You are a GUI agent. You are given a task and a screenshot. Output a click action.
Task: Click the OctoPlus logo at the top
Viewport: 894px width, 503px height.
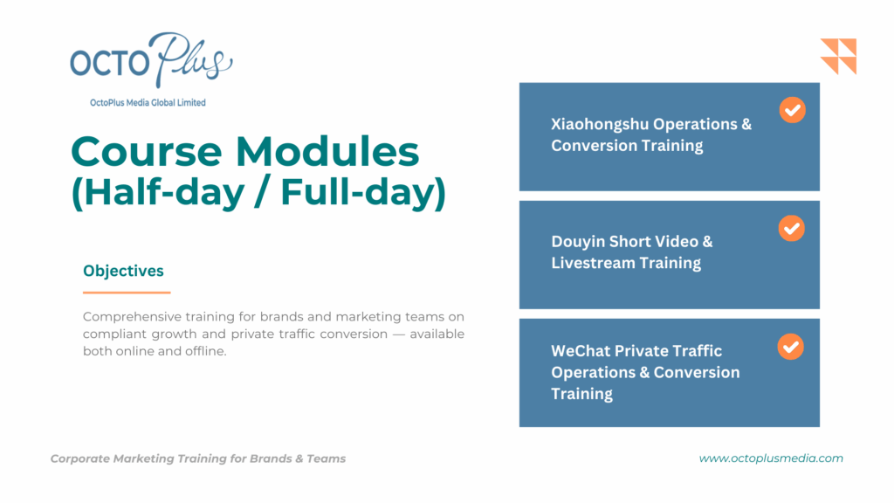[x=151, y=60]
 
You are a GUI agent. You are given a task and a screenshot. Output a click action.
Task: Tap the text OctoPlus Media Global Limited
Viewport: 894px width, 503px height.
[x=148, y=103]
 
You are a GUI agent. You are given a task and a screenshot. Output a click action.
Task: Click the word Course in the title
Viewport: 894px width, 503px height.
[x=147, y=152]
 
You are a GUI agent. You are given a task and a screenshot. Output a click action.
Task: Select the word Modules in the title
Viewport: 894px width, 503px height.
[x=327, y=152]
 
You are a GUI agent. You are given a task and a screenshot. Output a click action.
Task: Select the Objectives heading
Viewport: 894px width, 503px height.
[x=123, y=271]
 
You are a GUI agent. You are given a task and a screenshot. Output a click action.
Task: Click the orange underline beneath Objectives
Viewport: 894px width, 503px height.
[x=127, y=293]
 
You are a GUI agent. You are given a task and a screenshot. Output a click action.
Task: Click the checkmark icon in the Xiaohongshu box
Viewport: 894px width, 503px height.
[x=793, y=110]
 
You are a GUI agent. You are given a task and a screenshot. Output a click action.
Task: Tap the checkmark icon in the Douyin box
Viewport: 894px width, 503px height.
[x=791, y=228]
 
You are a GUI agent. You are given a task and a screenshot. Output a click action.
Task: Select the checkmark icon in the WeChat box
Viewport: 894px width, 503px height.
[x=791, y=347]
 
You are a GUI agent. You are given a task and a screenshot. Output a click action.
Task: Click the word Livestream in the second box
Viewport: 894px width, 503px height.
[x=592, y=263]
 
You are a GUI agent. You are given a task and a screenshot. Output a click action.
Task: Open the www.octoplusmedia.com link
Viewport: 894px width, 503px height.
[x=771, y=458]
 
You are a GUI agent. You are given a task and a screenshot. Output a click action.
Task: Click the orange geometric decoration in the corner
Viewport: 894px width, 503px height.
[x=838, y=57]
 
